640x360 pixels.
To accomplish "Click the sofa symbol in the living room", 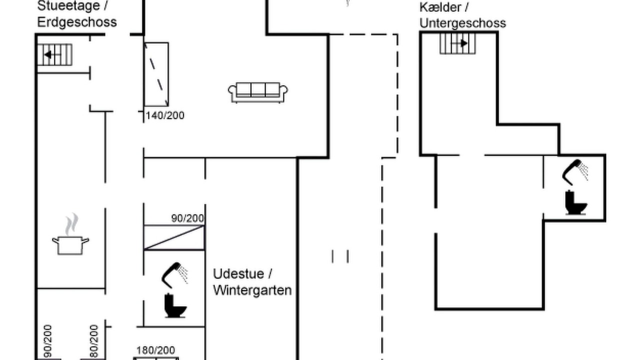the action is coord(257,92).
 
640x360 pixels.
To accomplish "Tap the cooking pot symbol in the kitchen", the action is coord(70,234).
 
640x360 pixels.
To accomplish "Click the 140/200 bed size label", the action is coord(165,115).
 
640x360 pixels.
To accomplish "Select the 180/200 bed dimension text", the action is coord(155,350).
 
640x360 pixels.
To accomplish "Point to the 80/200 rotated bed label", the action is coord(93,341).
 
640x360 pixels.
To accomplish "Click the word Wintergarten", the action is coord(252,290).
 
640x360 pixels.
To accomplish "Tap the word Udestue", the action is coord(238,274).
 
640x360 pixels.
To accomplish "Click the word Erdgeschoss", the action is coord(77,22).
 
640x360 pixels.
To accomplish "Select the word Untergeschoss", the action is coord(462,23).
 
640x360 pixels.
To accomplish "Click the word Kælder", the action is coord(440,7).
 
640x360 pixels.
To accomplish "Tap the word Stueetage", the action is coord(68,6).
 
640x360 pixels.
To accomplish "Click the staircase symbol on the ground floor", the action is coord(54,54).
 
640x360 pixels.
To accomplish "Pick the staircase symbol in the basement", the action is coord(457,43).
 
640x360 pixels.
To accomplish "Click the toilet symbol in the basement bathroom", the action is coord(575,202).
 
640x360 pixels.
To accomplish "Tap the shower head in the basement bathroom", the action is coord(575,172).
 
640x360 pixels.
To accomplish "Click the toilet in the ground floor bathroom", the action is coord(175,305).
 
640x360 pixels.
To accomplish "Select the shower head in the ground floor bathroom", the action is coord(174,275).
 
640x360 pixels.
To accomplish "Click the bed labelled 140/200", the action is coord(156,74).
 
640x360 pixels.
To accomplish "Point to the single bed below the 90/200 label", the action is coord(174,237).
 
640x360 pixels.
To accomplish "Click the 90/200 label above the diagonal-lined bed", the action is coord(187,218).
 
